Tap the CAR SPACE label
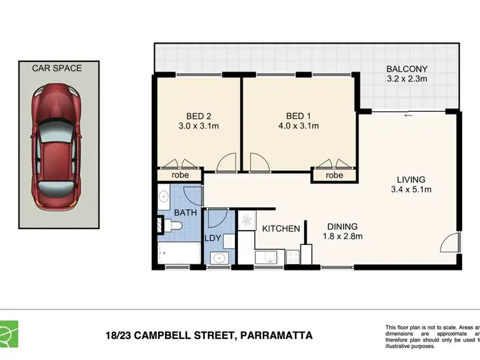(x=58, y=68)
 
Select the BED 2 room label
(x=198, y=116)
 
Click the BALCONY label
(x=406, y=70)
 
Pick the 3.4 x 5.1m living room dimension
(x=410, y=189)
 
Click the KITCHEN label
(x=280, y=228)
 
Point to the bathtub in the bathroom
(x=180, y=253)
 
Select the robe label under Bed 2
(x=180, y=175)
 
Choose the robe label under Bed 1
(x=334, y=175)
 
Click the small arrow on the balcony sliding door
(x=407, y=116)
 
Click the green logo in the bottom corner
(x=9, y=333)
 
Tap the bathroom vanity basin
(x=163, y=196)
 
